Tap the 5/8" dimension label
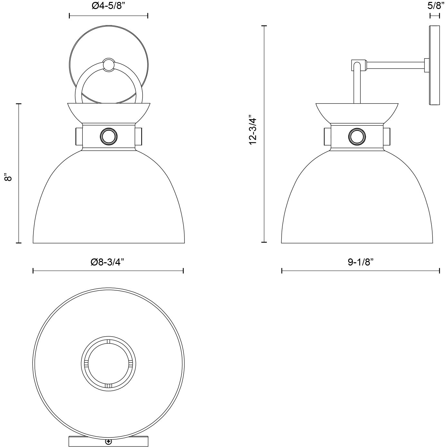434,6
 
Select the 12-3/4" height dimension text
253,130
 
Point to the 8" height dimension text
8,177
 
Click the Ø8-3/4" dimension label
107,262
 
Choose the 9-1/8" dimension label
360,262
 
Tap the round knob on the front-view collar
108,136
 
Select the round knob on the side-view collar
357,137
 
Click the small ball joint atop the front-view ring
108,64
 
